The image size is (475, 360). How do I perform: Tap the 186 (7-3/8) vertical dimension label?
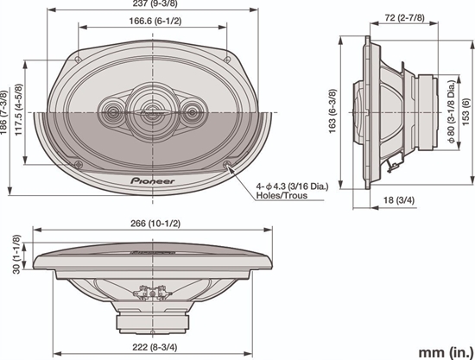point(7,110)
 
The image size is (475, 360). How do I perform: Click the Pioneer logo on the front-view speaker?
point(154,180)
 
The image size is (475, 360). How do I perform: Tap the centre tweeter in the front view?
point(153,111)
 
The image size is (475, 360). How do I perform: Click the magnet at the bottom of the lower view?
point(153,321)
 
